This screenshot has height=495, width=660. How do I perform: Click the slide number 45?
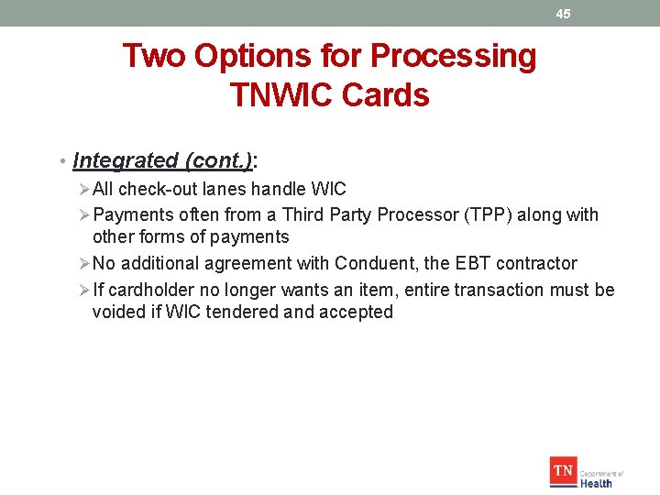point(563,14)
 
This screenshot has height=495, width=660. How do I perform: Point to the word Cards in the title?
point(390,94)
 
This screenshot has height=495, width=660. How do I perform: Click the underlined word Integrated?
point(126,160)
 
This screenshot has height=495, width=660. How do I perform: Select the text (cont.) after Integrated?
point(219,160)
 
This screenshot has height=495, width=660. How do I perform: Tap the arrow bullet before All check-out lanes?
point(83,190)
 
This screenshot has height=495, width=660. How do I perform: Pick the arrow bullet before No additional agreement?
point(83,264)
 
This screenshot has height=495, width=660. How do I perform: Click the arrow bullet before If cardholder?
point(83,291)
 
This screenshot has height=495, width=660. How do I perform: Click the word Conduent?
point(376,264)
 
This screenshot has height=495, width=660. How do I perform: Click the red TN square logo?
point(563,472)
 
